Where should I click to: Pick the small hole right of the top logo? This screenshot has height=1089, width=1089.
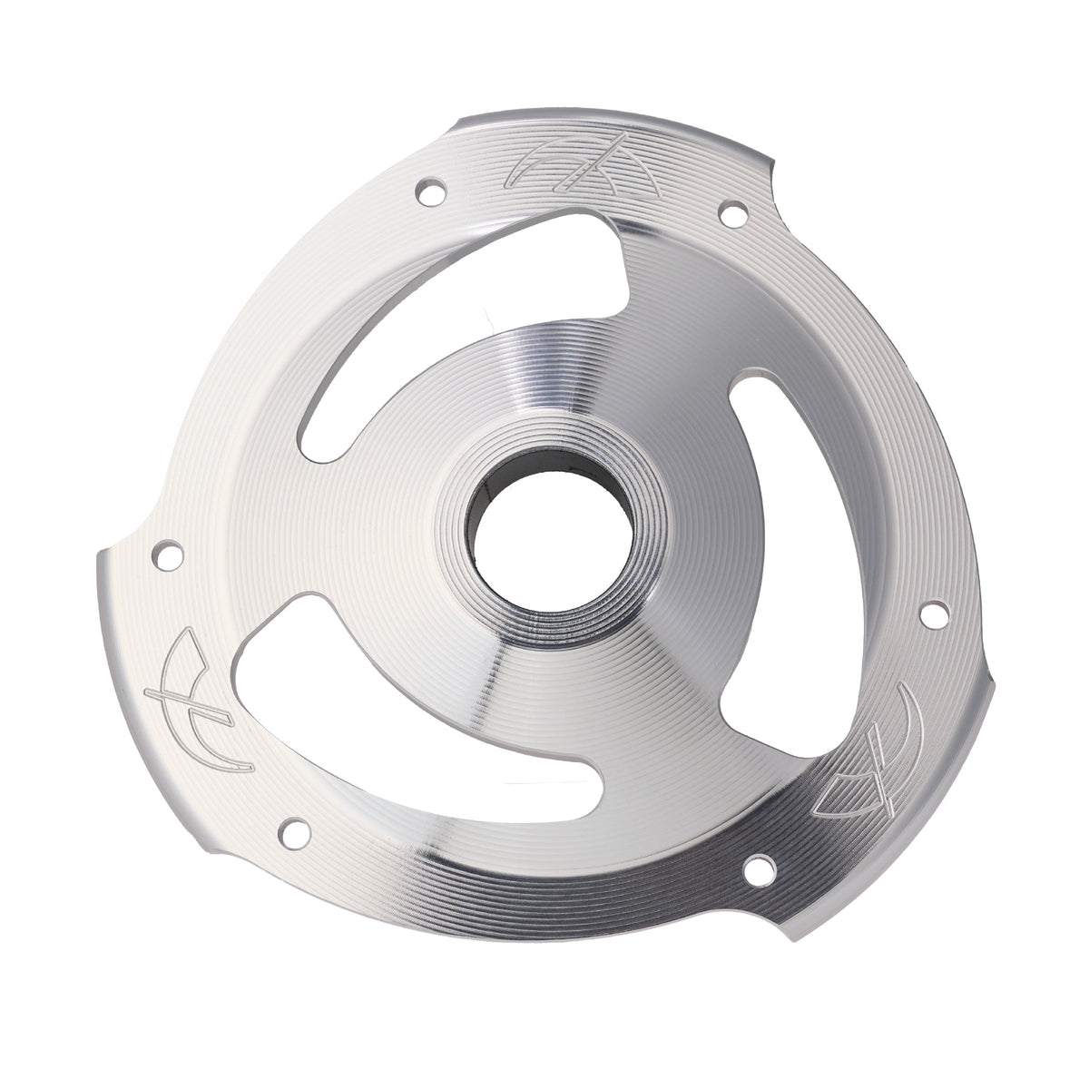tap(731, 214)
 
